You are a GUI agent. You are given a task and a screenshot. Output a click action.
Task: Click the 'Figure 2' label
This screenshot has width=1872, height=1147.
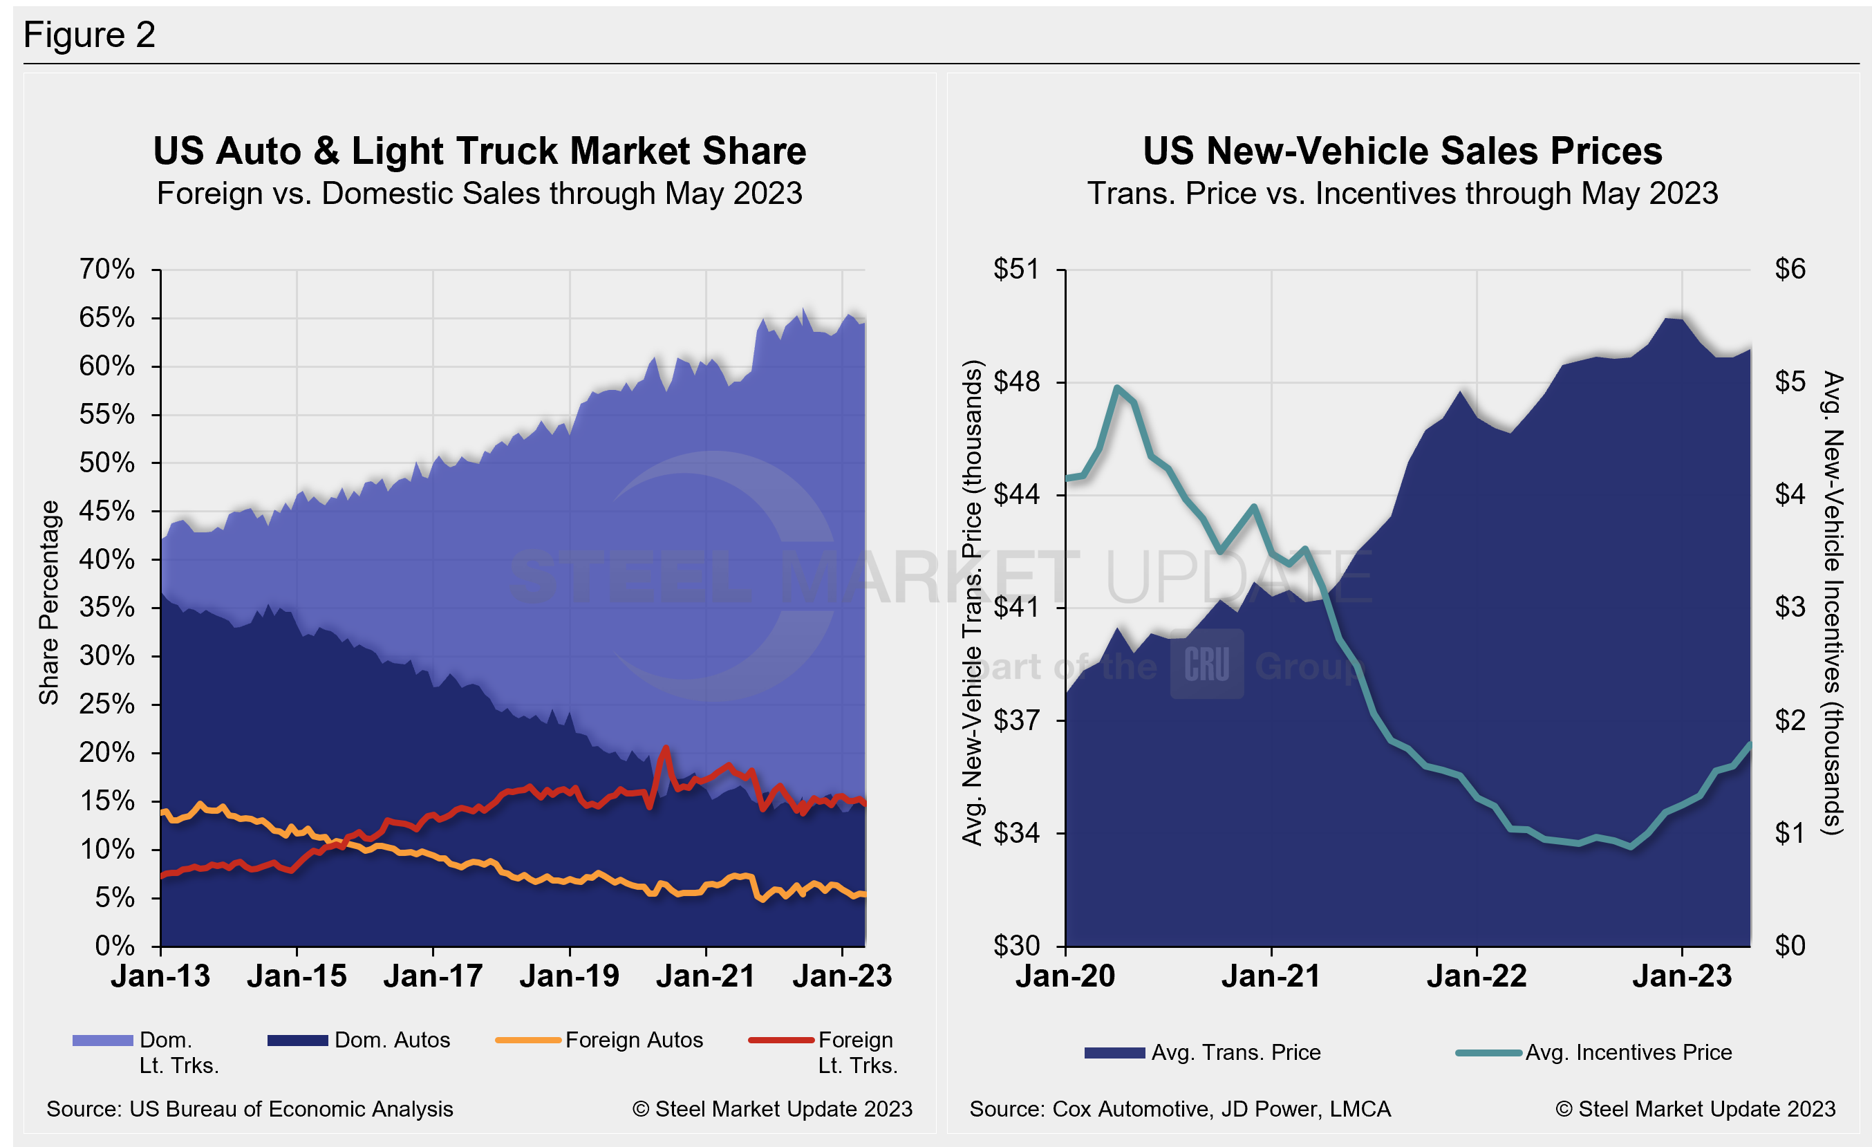(x=89, y=35)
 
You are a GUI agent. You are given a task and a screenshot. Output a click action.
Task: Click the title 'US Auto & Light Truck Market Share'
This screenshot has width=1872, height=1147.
(x=479, y=151)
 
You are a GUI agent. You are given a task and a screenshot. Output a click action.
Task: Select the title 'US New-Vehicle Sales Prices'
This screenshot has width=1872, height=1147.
(x=1403, y=151)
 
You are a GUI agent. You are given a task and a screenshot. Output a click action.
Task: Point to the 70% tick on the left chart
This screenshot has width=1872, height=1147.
(x=107, y=269)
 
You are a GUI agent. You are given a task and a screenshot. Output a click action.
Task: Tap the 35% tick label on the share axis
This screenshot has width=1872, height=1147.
(x=107, y=608)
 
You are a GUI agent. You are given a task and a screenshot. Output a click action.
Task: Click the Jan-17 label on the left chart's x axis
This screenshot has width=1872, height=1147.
(x=433, y=976)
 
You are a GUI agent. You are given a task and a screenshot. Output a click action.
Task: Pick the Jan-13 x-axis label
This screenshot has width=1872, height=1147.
(x=160, y=976)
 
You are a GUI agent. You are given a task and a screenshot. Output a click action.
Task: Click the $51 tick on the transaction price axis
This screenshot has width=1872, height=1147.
(x=1015, y=269)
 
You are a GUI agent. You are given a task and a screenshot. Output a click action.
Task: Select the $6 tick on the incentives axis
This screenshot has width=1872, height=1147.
(x=1790, y=269)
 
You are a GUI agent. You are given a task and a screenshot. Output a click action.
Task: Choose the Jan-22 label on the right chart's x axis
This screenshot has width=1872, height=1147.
(x=1476, y=976)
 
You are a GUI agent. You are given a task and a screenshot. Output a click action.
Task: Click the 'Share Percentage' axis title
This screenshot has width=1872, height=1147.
(x=49, y=602)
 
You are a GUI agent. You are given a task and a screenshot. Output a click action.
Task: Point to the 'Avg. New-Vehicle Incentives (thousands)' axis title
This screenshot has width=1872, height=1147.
(x=1833, y=603)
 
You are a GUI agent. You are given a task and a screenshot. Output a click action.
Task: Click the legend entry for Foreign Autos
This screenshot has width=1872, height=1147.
(x=634, y=1040)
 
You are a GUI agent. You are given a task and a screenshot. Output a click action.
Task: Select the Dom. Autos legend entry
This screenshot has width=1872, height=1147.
(x=392, y=1040)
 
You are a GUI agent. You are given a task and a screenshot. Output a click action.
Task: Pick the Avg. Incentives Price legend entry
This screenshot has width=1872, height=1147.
(x=1628, y=1053)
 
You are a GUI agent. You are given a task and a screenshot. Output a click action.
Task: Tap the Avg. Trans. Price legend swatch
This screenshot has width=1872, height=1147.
(x=1114, y=1053)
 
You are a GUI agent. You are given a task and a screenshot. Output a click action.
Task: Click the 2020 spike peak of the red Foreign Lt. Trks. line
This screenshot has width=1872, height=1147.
(x=666, y=747)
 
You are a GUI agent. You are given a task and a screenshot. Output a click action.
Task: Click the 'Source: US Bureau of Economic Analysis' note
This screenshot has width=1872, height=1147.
(x=250, y=1109)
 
